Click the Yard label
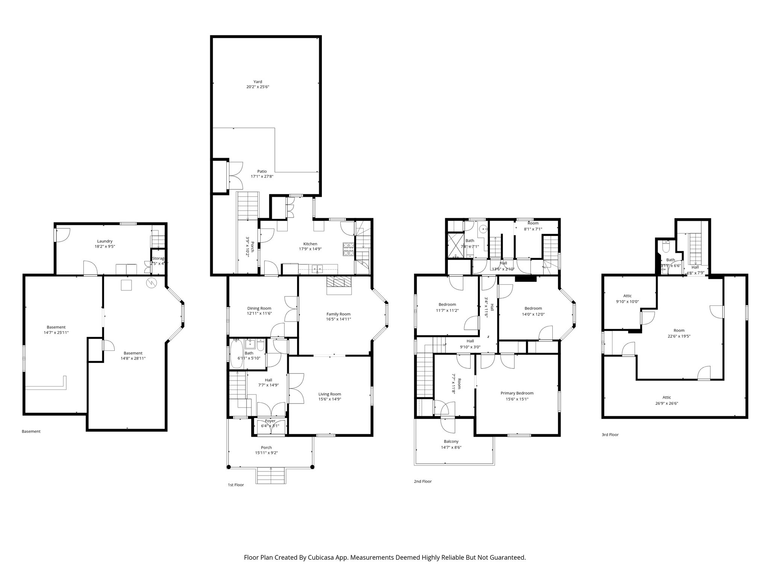[x=258, y=82]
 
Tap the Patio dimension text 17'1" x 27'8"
[x=262, y=176]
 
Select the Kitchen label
[x=310, y=244]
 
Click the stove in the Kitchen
[x=349, y=249]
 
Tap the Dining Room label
[x=259, y=308]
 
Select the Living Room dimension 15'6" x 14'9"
[x=330, y=399]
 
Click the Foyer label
[x=270, y=421]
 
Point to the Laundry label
[x=105, y=241]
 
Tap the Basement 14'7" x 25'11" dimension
[x=56, y=332]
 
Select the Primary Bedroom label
[x=517, y=393]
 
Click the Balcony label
[x=451, y=442]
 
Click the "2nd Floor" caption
[x=423, y=481]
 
